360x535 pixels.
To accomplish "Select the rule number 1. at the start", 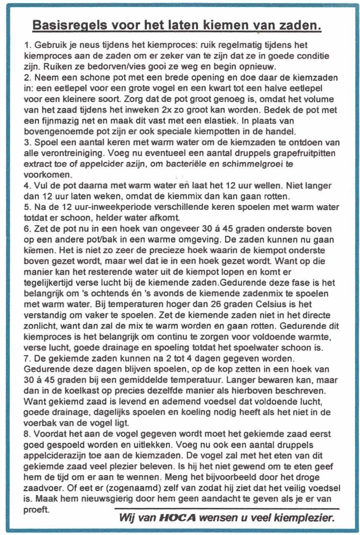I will (x=28, y=45).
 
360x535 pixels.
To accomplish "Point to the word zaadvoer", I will (x=41, y=478).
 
